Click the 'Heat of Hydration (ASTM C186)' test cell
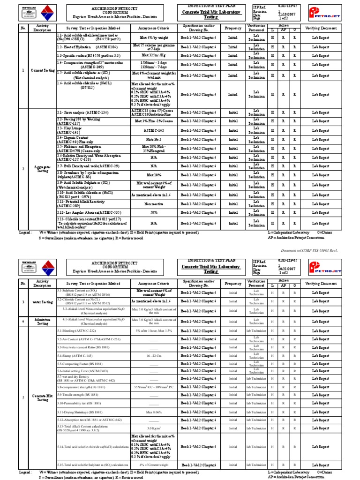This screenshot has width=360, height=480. tap(81, 47)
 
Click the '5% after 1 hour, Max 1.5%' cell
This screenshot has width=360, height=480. tap(154, 331)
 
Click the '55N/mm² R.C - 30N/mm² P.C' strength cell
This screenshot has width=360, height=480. tap(154, 387)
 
